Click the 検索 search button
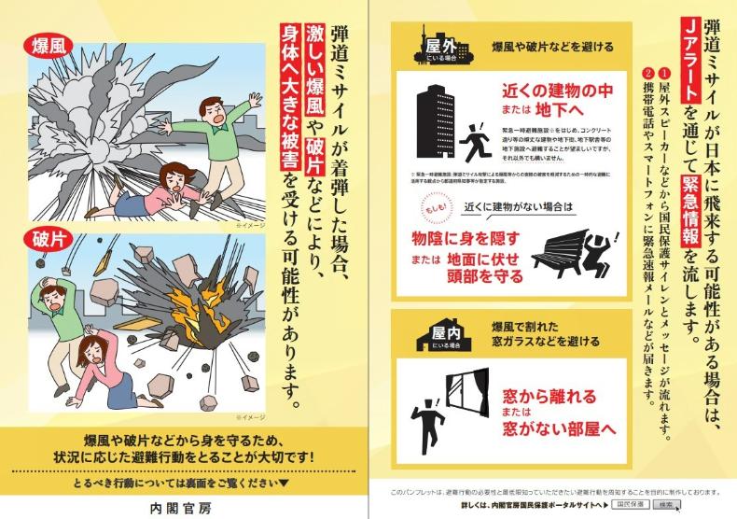pyautogui.click(x=666, y=505)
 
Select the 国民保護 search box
pyautogui.click(x=633, y=505)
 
